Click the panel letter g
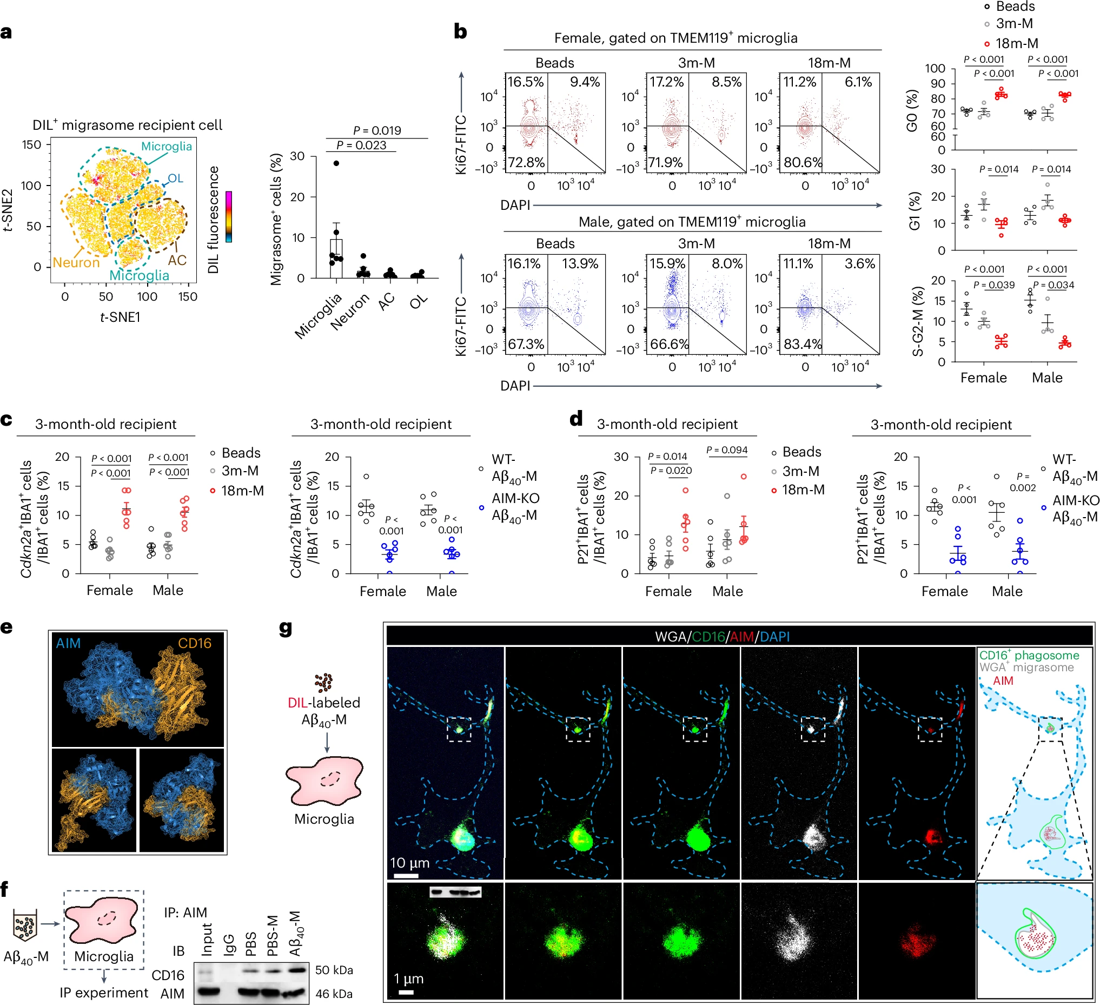click(286, 629)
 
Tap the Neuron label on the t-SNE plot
click(76, 262)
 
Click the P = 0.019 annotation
click(376, 130)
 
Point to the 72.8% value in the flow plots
click(526, 162)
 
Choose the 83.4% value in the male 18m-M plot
click(803, 343)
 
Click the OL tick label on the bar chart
click(419, 300)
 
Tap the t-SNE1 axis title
click(120, 317)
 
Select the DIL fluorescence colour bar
click(229, 216)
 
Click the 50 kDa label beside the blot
click(334, 970)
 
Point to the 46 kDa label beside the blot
click(334, 994)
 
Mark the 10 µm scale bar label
click(409, 863)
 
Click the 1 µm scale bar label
click(408, 978)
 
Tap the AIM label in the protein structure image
click(68, 643)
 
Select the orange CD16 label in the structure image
click(195, 643)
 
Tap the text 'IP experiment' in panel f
click(104, 993)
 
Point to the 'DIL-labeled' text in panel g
click(324, 702)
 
